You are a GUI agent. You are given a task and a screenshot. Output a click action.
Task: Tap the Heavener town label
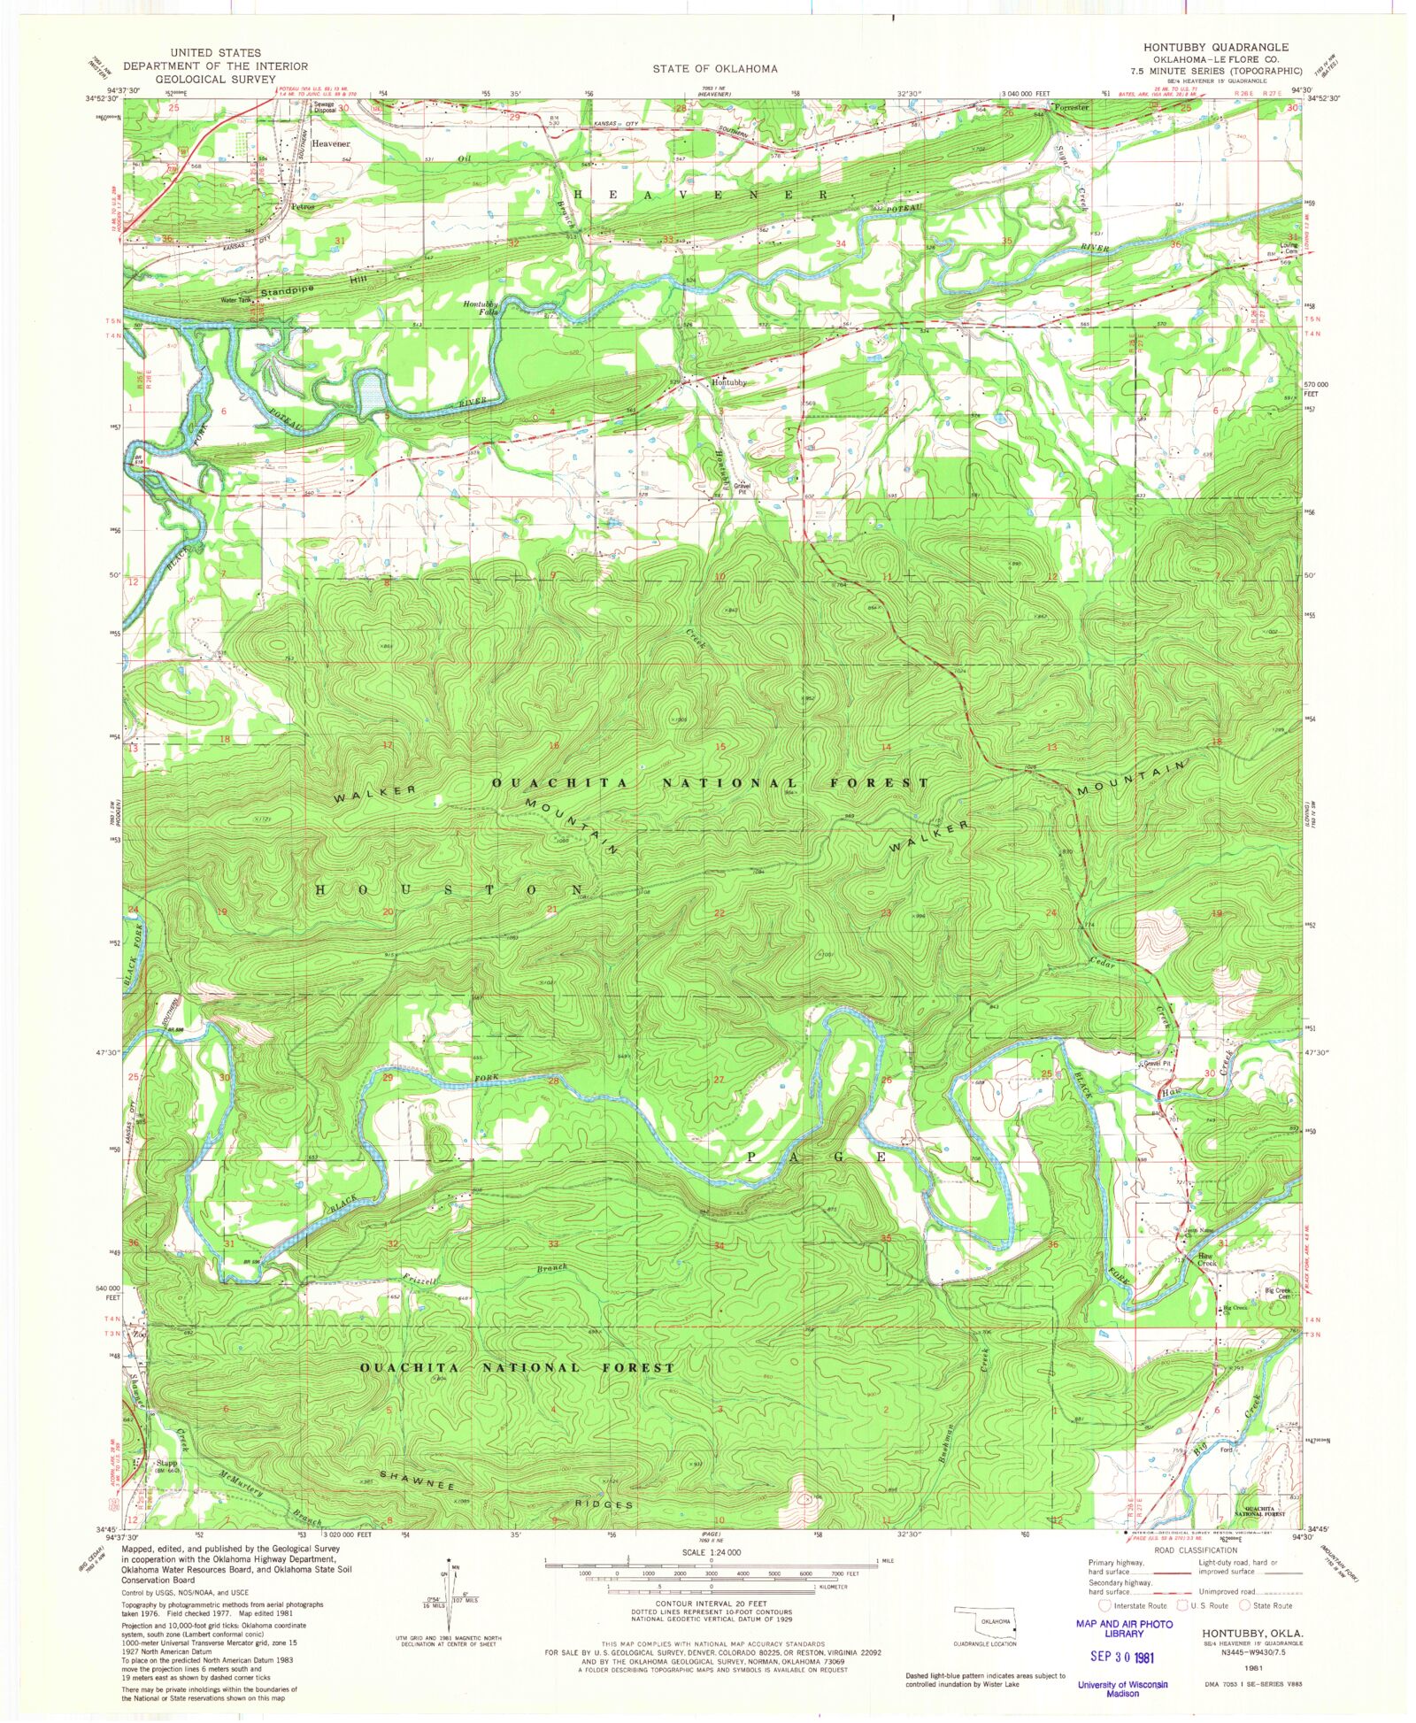(x=331, y=143)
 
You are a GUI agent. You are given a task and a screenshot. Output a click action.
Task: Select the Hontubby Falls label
(x=481, y=308)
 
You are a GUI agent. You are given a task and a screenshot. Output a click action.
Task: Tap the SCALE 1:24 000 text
(x=711, y=1552)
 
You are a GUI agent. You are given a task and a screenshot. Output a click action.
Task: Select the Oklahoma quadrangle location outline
(x=984, y=1622)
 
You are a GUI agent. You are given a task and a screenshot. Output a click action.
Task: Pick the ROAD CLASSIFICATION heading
(x=1196, y=1550)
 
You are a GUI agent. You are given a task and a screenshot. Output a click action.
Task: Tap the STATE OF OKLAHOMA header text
(x=715, y=69)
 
